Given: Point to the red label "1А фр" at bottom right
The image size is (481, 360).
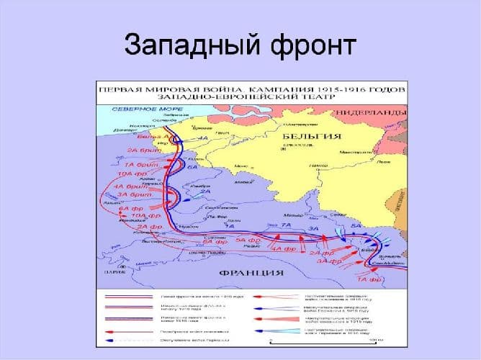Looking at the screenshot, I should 368,277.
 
